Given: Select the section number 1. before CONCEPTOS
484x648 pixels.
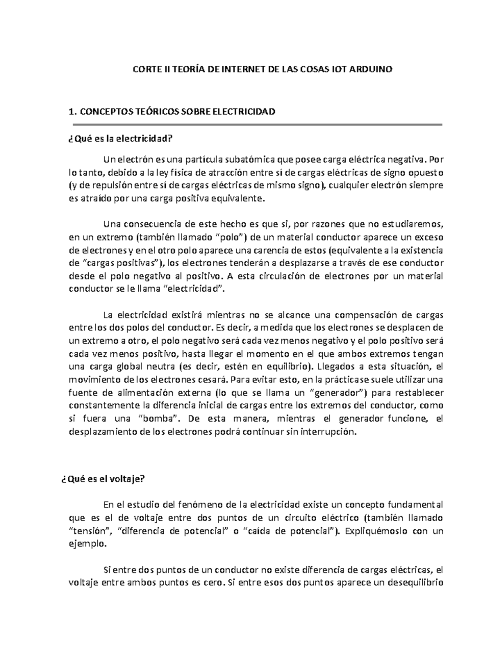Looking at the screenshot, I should (72, 112).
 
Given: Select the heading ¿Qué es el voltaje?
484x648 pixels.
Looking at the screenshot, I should (102, 479).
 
